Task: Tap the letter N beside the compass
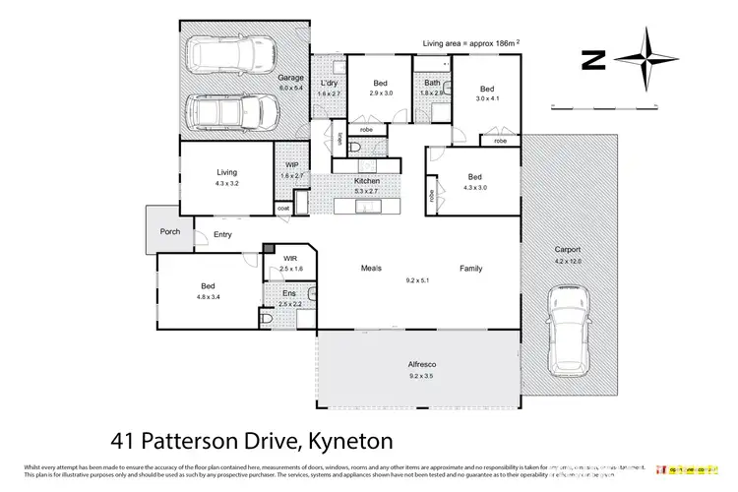click(591, 61)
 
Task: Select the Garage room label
click(289, 77)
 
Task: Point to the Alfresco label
click(420, 364)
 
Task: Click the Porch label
click(170, 232)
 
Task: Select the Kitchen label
click(367, 181)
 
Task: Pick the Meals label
click(371, 268)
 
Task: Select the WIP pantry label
click(291, 165)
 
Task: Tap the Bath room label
click(432, 83)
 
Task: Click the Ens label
click(288, 293)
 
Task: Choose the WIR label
click(289, 259)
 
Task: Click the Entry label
click(222, 234)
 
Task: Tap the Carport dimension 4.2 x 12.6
click(567, 260)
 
